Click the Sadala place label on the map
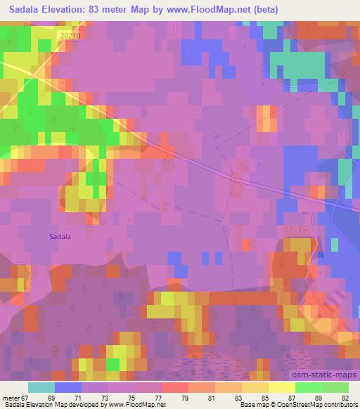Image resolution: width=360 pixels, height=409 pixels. coord(60,237)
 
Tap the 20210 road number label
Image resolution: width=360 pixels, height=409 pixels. coord(72,35)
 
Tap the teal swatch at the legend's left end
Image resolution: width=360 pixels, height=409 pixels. coord(41,387)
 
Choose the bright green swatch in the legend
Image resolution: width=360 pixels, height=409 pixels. coord(309,387)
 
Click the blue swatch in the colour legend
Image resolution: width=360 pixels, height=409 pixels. coord(68,387)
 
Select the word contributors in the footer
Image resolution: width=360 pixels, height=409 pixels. coord(338,405)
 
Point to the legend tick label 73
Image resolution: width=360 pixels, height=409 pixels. coord(94,397)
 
